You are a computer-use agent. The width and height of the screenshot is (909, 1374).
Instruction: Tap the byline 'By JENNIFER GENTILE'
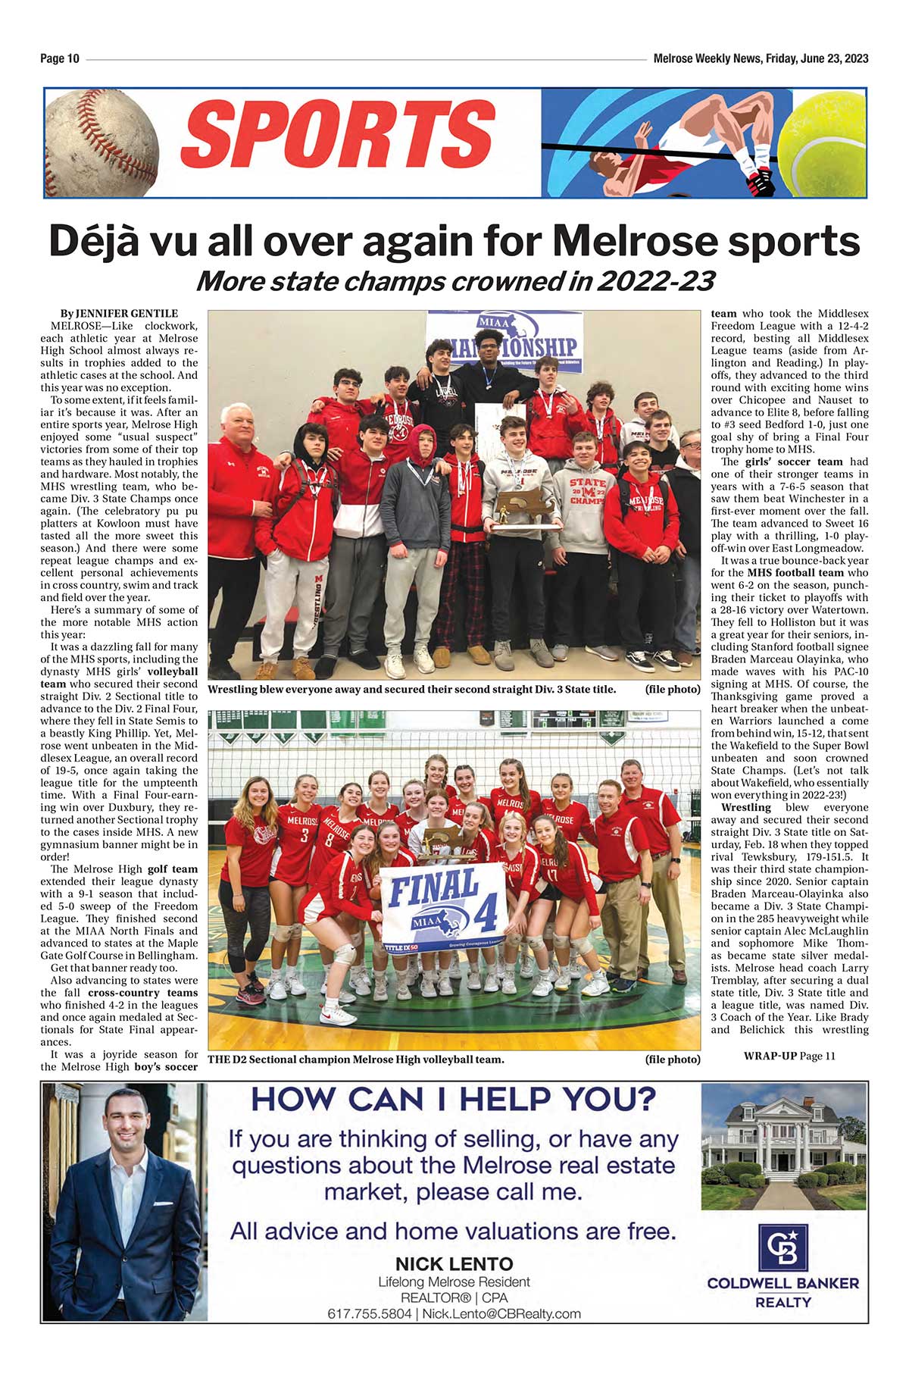pos(120,314)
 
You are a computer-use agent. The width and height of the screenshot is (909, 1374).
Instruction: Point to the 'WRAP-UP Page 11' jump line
pos(789,1056)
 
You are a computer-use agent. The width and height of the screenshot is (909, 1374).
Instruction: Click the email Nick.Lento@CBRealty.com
pos(501,1313)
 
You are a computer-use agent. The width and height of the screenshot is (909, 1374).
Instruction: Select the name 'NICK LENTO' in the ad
pos(454,1263)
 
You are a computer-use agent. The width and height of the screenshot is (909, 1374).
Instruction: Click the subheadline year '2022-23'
pos(656,282)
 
